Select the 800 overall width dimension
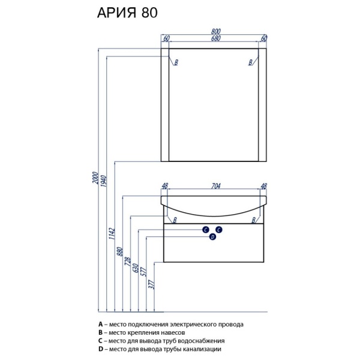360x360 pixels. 215,32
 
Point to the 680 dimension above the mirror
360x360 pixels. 215,40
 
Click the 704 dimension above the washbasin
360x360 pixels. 215,186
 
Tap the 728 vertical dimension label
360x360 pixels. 128,262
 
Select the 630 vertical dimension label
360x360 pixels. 136,268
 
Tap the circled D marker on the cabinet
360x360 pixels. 212,237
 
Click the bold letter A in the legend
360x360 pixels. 101,324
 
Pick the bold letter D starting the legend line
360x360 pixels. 101,349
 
